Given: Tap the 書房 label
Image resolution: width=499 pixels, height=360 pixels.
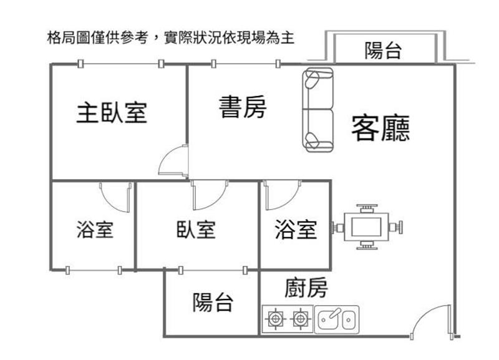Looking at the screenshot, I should (243, 107).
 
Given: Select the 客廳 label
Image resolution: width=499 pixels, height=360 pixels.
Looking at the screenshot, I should (380, 128).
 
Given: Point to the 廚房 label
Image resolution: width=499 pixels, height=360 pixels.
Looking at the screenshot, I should (306, 288).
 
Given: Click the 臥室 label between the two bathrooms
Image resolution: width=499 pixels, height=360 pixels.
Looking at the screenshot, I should (196, 230).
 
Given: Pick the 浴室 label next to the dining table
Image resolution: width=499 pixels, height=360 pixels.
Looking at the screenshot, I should (296, 230).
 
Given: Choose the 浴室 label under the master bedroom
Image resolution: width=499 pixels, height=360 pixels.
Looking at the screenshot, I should (94, 230).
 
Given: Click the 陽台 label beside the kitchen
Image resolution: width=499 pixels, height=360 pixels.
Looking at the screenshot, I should (212, 303).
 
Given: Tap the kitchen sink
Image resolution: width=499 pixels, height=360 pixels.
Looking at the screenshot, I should (337, 319).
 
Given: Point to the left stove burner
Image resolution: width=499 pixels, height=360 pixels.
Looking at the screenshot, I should (274, 319).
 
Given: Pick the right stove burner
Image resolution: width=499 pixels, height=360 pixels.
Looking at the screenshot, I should (301, 319).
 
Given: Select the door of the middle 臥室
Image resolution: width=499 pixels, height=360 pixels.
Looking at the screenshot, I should (209, 195).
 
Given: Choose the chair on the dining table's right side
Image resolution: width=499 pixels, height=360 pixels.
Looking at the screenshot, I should (397, 226).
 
